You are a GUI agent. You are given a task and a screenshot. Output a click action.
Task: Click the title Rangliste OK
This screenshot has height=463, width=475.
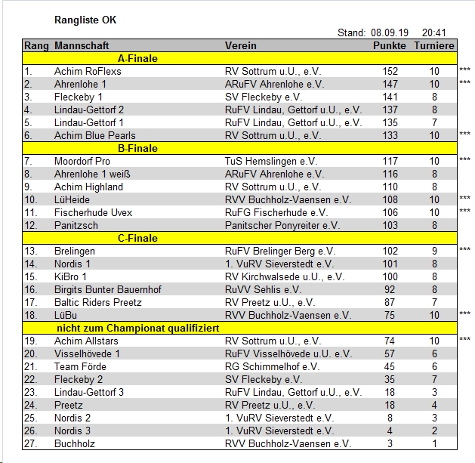(x=86, y=19)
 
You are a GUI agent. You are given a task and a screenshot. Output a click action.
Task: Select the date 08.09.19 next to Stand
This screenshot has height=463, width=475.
(x=389, y=33)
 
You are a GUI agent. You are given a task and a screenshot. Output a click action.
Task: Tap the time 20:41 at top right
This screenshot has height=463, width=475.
(x=434, y=33)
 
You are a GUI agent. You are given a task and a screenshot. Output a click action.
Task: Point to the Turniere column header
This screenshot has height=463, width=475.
(x=434, y=46)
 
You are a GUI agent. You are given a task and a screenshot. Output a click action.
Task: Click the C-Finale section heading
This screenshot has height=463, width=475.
(x=138, y=238)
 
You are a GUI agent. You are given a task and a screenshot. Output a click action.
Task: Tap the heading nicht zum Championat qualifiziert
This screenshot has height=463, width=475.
(x=138, y=328)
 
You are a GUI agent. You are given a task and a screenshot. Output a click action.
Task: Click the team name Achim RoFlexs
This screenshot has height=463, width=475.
(x=88, y=71)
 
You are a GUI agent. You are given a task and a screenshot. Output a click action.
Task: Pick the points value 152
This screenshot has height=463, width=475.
(x=390, y=71)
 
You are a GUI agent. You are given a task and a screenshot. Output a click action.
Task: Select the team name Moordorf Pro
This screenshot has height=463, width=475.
(x=82, y=161)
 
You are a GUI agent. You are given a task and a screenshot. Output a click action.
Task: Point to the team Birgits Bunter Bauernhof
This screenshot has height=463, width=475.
(x=108, y=289)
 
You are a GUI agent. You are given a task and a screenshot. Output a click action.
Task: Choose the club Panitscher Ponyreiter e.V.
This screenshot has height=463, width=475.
(x=282, y=225)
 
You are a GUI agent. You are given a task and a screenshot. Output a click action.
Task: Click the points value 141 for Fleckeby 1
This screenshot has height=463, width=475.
(x=390, y=97)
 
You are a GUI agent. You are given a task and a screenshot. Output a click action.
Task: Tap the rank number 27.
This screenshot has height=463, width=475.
(x=30, y=443)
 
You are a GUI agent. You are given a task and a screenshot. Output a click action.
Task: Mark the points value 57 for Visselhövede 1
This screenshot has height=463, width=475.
(x=390, y=353)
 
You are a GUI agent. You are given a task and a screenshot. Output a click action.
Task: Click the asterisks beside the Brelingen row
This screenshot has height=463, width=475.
(x=464, y=250)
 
